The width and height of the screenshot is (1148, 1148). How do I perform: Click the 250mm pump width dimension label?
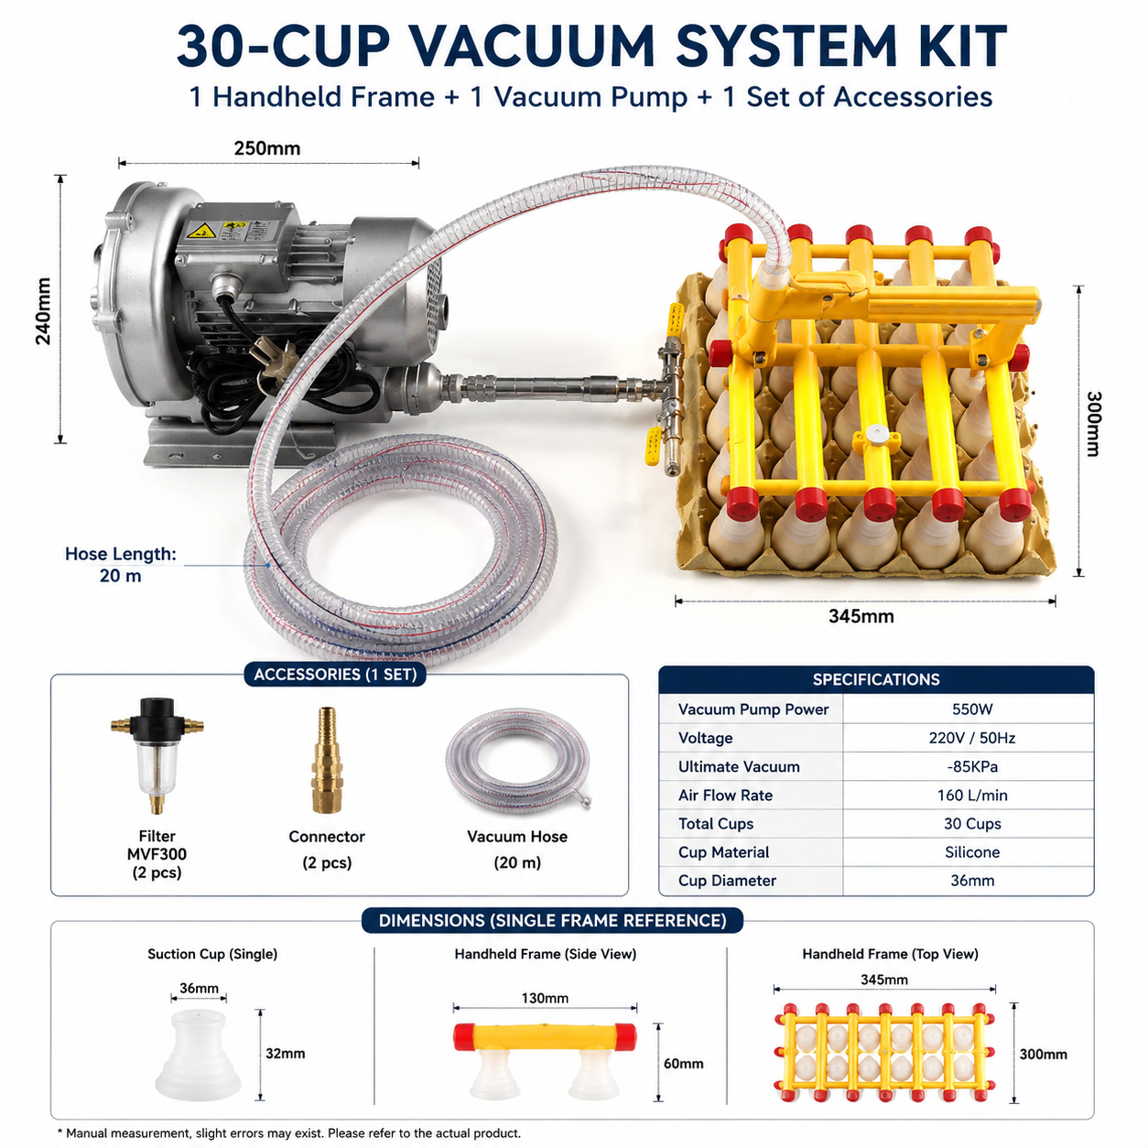(x=267, y=148)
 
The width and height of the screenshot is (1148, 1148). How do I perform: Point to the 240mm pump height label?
(x=44, y=311)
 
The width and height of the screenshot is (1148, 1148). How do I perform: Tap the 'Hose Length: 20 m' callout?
(x=121, y=564)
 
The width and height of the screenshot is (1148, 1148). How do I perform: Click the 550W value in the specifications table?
(x=971, y=709)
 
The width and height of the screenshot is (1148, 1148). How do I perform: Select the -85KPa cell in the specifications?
(x=971, y=766)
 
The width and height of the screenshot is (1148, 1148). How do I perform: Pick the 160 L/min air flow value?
(x=971, y=795)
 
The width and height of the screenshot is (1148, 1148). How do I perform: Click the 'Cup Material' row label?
(x=723, y=852)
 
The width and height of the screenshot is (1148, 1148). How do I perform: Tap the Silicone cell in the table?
(x=971, y=852)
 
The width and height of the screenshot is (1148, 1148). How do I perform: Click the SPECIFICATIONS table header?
(x=876, y=679)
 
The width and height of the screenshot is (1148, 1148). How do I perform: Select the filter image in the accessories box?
(x=157, y=755)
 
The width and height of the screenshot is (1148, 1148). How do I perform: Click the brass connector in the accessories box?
(x=327, y=760)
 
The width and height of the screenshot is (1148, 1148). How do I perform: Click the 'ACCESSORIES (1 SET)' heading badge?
(x=335, y=674)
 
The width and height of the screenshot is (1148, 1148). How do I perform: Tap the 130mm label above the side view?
(x=545, y=998)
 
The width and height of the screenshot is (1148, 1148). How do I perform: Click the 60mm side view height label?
(x=683, y=1064)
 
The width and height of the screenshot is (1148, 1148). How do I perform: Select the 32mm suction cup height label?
(x=286, y=1054)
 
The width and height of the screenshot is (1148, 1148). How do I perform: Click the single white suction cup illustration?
(x=198, y=1055)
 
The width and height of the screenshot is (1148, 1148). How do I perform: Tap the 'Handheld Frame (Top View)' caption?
(x=890, y=954)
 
